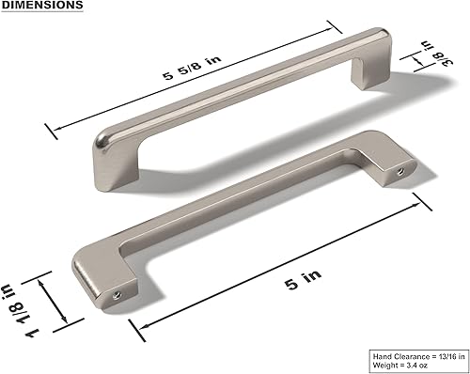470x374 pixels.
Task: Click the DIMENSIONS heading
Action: pyautogui.click(x=41, y=6)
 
